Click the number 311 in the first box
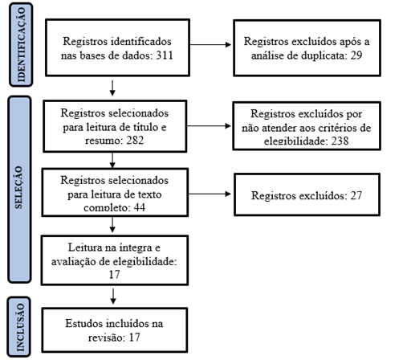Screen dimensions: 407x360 click(x=165, y=55)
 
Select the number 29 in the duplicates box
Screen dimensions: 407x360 click(x=356, y=55)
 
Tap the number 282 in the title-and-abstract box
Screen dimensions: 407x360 click(x=135, y=140)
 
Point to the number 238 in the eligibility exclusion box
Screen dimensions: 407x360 click(x=340, y=141)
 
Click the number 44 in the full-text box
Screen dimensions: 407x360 click(x=139, y=207)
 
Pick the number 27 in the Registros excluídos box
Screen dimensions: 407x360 click(x=356, y=195)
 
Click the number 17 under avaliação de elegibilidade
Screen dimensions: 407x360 click(x=114, y=275)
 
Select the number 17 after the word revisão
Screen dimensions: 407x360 click(x=134, y=337)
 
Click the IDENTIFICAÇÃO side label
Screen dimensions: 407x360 click(x=21, y=44)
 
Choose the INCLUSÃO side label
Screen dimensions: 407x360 click(x=19, y=327)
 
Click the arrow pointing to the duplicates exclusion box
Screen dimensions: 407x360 click(x=210, y=45)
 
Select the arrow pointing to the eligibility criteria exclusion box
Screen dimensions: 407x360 click(x=209, y=126)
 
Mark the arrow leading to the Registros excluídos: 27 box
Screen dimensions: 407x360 click(x=210, y=194)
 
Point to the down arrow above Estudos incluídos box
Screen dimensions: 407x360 click(x=113, y=296)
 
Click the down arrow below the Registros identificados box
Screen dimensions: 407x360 click(x=112, y=88)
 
